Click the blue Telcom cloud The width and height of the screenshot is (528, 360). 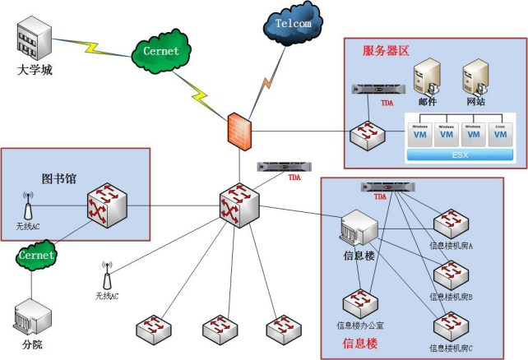(x=291, y=25)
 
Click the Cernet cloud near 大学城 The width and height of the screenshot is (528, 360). (x=160, y=51)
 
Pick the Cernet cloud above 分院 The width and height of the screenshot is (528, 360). (x=35, y=256)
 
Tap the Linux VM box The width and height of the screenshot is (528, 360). (x=500, y=134)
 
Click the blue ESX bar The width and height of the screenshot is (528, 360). (x=461, y=154)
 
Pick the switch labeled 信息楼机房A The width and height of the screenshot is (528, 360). (x=450, y=222)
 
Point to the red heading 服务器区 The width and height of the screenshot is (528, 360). (x=386, y=50)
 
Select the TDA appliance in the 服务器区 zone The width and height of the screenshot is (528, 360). (x=377, y=89)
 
